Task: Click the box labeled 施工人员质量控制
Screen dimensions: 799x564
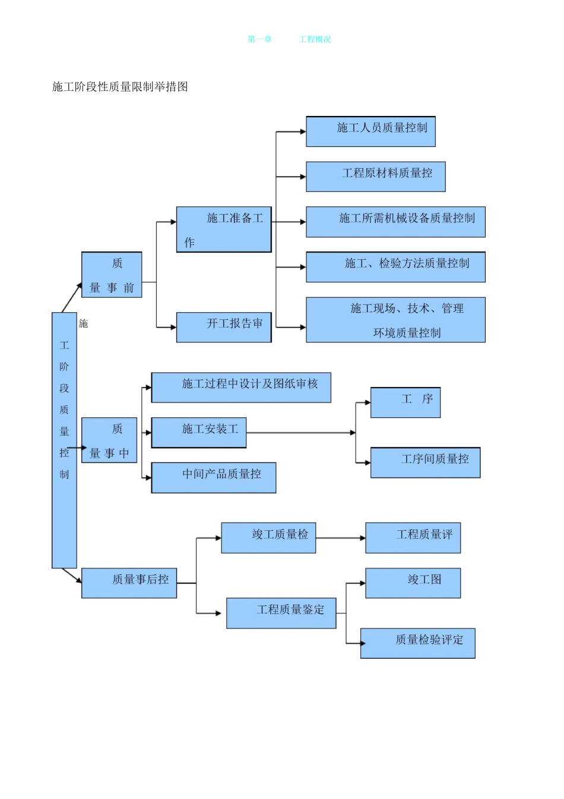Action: (x=370, y=131)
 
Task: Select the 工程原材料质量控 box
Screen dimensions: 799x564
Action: (x=375, y=177)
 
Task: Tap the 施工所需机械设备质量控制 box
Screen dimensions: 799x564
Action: (x=395, y=222)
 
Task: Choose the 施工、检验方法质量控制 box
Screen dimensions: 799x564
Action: (x=395, y=267)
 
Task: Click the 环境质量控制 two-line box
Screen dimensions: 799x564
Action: (x=395, y=320)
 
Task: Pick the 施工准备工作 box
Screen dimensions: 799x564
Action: (x=224, y=229)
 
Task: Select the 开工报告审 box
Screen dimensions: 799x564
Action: (x=224, y=327)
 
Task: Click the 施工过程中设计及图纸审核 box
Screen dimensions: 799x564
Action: (x=241, y=388)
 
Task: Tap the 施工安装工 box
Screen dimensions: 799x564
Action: (x=199, y=433)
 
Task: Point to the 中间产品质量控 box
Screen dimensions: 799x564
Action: (x=214, y=477)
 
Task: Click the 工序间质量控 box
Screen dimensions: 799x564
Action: (x=425, y=463)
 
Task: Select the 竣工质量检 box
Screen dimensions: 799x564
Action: (x=268, y=538)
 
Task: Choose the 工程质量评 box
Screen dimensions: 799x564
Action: (x=413, y=538)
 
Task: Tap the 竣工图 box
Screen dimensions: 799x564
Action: (x=413, y=583)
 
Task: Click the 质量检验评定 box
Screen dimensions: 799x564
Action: (x=417, y=643)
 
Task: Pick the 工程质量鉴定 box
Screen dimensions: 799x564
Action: (x=281, y=613)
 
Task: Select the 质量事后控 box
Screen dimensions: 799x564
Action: (x=129, y=583)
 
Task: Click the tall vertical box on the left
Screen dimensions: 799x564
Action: (x=64, y=440)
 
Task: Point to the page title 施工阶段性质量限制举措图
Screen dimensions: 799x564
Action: (x=120, y=87)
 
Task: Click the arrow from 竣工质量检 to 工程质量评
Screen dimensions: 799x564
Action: (x=340, y=538)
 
